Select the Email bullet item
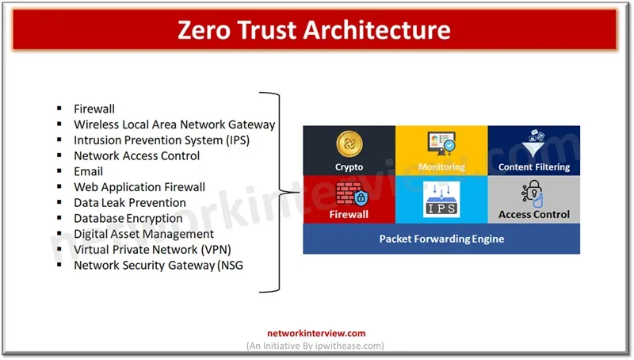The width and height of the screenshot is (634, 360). (x=88, y=171)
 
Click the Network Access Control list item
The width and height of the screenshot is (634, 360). (x=136, y=155)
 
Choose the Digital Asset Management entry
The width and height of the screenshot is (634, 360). (x=143, y=234)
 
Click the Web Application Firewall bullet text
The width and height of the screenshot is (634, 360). (x=139, y=187)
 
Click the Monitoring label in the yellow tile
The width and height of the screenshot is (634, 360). (x=441, y=167)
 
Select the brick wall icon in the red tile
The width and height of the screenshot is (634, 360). (x=347, y=193)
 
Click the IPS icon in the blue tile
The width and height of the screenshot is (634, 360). (x=441, y=198)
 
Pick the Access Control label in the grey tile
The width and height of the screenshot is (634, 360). (x=534, y=214)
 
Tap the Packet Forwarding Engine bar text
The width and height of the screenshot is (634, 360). (x=441, y=239)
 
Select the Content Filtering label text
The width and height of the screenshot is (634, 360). (x=534, y=167)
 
